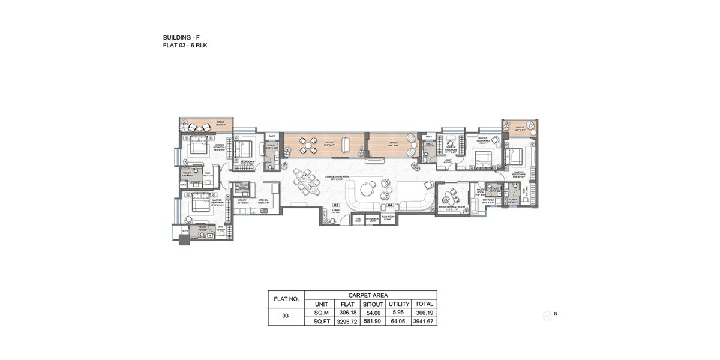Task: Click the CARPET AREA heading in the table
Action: (371, 295)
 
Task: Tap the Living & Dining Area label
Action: (338, 178)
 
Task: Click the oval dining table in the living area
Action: (307, 181)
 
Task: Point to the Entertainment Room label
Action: (452, 207)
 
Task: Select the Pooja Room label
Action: (387, 217)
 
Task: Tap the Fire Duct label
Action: (358, 220)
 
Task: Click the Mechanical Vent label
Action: (372, 220)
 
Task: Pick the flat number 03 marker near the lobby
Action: (337, 205)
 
